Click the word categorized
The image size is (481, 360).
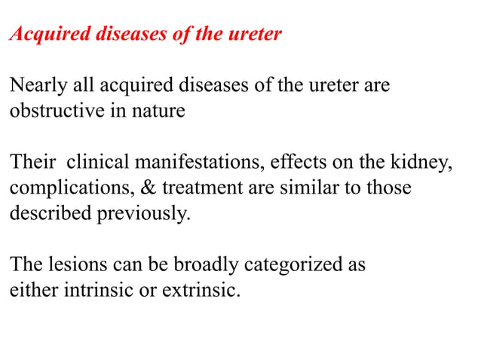291,264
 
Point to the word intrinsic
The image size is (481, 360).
90,290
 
